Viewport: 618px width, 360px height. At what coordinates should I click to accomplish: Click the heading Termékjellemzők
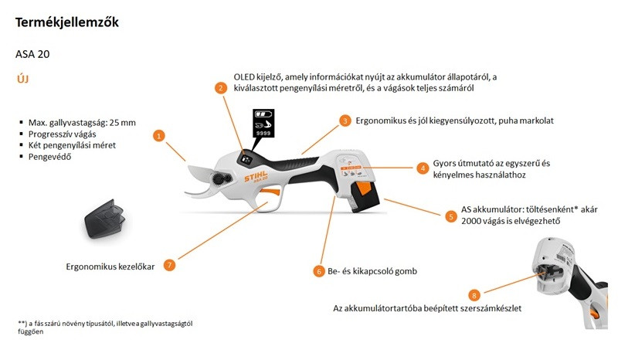click(x=66, y=23)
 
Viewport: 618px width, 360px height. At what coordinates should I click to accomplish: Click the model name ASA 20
click(x=33, y=55)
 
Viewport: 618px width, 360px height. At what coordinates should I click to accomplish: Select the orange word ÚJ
click(x=23, y=80)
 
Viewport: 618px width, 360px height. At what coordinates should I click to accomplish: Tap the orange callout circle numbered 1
click(x=159, y=135)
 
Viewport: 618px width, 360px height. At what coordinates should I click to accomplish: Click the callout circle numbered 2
click(x=222, y=88)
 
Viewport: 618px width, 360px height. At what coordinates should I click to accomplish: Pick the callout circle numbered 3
click(x=345, y=121)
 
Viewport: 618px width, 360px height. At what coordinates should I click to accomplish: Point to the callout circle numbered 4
click(x=423, y=168)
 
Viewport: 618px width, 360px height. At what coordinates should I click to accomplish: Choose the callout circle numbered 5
click(x=451, y=216)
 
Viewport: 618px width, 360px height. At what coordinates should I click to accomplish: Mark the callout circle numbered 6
click(x=318, y=271)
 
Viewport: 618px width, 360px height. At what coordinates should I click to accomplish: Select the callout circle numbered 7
click(x=169, y=265)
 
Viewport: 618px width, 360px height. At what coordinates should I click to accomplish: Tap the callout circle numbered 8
click(x=474, y=294)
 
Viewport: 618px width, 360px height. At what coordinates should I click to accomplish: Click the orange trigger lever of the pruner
click(x=267, y=192)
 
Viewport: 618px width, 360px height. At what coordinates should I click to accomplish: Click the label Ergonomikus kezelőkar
click(x=110, y=267)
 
